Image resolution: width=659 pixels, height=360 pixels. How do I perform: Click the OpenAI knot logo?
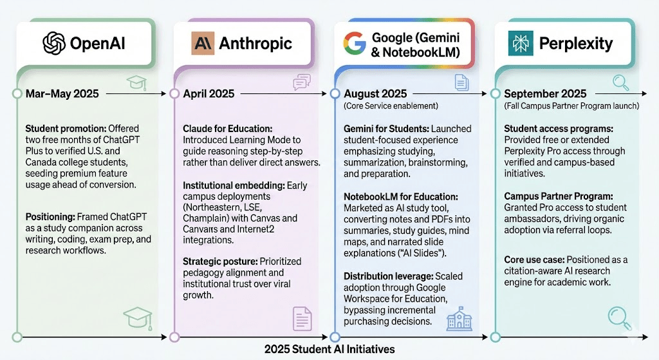click(54, 43)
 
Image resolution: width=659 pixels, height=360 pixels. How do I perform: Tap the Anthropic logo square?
click(203, 43)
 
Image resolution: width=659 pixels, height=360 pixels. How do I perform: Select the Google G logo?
click(355, 43)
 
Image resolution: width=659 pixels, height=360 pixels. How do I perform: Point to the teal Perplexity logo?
click(520, 43)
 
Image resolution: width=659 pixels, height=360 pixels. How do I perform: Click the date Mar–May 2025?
click(62, 93)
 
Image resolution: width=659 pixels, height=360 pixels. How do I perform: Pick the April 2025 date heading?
click(209, 93)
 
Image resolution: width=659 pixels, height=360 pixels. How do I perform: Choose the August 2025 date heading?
click(375, 93)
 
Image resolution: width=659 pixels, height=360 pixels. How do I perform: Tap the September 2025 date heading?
click(545, 93)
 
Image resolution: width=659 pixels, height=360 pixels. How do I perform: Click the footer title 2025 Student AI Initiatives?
click(329, 349)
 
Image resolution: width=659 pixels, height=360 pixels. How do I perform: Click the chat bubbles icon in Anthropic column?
click(302, 82)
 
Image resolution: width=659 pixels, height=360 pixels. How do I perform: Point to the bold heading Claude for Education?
click(227, 129)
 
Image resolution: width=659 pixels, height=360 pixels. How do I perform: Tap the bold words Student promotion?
click(66, 129)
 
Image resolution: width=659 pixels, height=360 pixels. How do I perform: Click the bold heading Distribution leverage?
click(388, 276)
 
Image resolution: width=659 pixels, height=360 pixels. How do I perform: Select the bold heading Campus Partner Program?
click(559, 196)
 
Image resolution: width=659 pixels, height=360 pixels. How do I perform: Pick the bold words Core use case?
click(534, 260)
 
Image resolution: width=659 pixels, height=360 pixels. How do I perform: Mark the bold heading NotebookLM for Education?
click(401, 197)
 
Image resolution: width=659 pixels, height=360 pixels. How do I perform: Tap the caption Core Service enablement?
click(391, 106)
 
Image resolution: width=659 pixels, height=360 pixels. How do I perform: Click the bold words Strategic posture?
click(220, 261)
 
